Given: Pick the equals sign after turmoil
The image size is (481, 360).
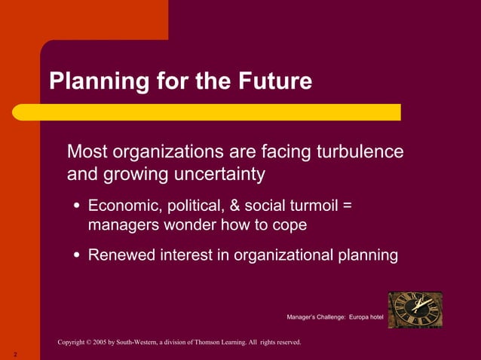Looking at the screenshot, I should point(347,206).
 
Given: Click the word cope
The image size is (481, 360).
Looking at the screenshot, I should point(287,224).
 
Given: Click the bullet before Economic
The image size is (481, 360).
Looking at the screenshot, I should point(78,206).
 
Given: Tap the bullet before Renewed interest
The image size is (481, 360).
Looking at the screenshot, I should point(78,256).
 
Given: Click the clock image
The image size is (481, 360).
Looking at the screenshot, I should point(415,310).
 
